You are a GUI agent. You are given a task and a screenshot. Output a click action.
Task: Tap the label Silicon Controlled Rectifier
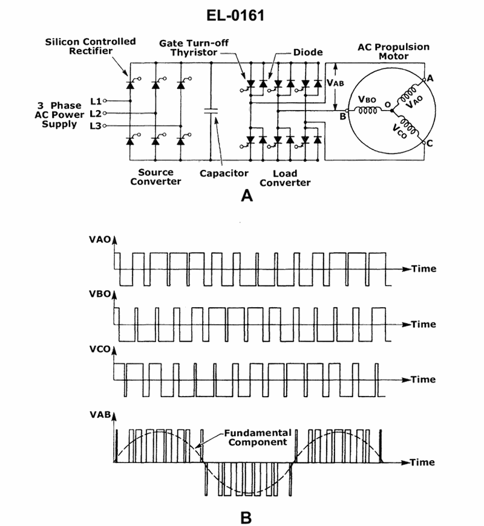[x=91, y=47]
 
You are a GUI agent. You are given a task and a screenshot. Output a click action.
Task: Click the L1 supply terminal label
[x=95, y=100]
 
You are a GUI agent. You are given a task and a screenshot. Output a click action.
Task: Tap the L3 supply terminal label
[x=95, y=125]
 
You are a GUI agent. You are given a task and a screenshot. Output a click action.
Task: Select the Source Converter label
[x=155, y=177]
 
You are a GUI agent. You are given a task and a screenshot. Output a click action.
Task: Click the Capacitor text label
[x=224, y=173]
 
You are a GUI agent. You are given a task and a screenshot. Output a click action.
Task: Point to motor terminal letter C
[x=430, y=143]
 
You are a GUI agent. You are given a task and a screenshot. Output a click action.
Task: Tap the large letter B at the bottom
[x=246, y=518]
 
